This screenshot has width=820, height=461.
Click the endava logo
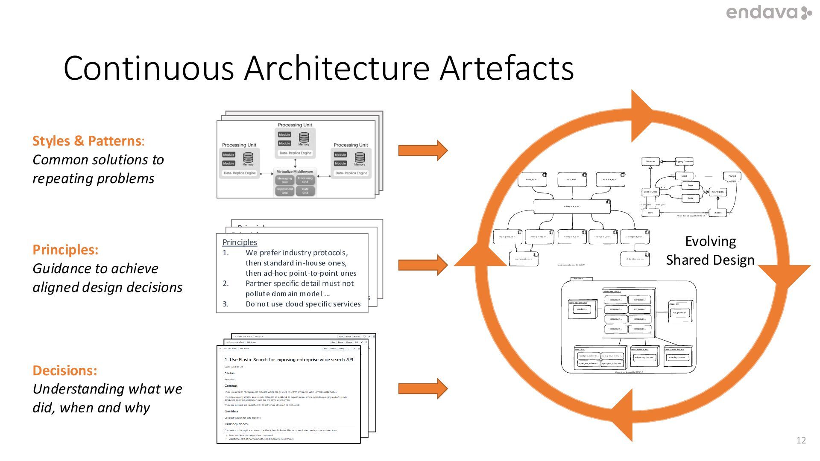click(768, 13)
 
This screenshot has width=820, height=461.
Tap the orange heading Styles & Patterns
click(87, 141)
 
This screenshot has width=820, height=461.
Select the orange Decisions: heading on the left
click(65, 370)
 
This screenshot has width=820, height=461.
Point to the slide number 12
click(801, 440)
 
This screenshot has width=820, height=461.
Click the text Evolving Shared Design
click(710, 251)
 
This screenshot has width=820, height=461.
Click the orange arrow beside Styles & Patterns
click(422, 150)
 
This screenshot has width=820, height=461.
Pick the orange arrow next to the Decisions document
click(422, 388)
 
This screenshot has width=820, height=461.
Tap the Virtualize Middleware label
click(295, 172)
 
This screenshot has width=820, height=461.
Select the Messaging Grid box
click(284, 180)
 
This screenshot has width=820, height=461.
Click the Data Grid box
click(305, 191)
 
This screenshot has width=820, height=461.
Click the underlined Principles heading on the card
click(240, 242)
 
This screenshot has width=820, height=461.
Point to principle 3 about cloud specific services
click(303, 304)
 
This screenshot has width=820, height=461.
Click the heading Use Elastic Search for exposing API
click(289, 359)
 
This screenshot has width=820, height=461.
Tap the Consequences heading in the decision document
click(236, 424)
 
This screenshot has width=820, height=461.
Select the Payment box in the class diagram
click(732, 176)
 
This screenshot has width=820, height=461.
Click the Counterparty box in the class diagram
click(718, 192)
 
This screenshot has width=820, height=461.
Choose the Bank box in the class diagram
click(650, 213)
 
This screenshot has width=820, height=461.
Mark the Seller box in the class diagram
click(690, 198)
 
